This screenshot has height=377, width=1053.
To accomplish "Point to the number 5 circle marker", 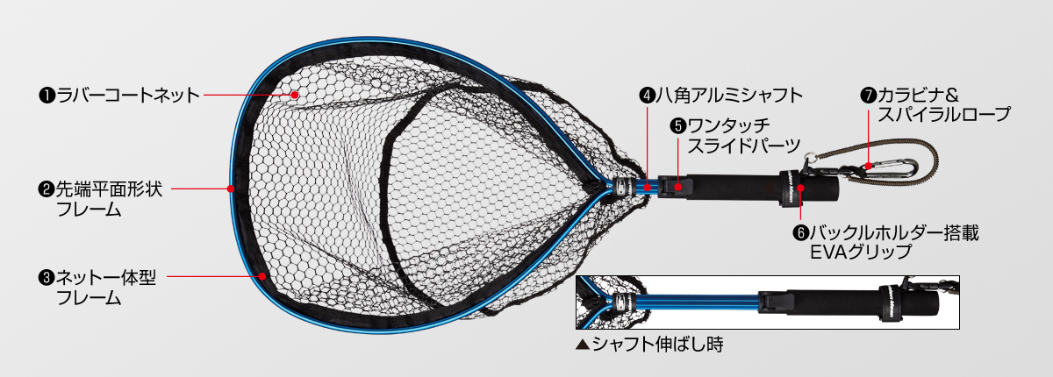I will [677, 125].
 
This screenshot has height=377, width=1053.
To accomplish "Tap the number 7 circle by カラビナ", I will [870, 94].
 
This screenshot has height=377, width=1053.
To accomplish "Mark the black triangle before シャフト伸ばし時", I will [582, 345].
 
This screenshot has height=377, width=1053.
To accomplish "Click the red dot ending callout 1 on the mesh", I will [296, 94].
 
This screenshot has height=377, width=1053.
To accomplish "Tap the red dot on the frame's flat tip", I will [231, 188].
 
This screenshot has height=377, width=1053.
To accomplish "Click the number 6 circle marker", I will [799, 233].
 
